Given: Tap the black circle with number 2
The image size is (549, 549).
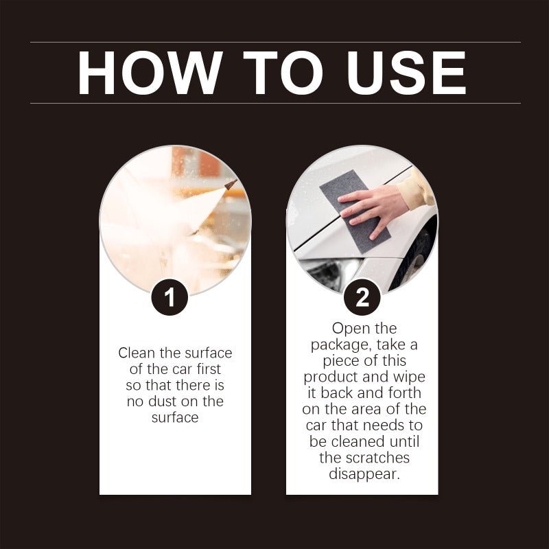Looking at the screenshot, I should (x=362, y=296).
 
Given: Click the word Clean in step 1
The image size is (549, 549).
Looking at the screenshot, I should (x=137, y=353).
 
